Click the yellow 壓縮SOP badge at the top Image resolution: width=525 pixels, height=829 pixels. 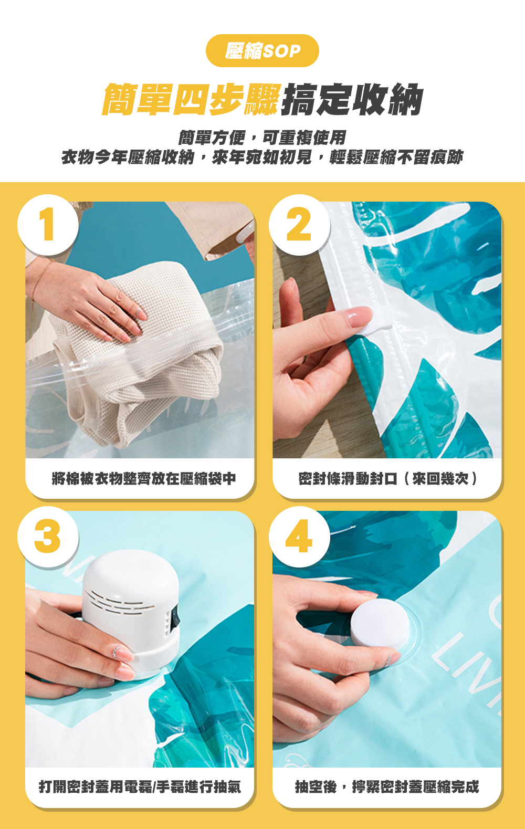pos(262,51)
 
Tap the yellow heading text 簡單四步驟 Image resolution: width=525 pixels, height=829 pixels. pos(191,99)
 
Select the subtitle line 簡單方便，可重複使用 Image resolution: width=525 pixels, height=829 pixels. pos(262,138)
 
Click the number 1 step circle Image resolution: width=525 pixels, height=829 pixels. pos(48,225)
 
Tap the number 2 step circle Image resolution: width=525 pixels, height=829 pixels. pos(299,225)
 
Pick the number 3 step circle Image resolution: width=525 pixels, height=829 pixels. pos(48,537)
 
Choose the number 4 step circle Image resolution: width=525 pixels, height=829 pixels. pos(299,537)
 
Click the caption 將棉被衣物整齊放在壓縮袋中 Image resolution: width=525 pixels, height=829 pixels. pos(144,478)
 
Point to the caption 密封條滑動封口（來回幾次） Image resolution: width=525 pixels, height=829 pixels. pos(388,478)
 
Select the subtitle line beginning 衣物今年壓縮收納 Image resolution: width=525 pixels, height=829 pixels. pos(262,158)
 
